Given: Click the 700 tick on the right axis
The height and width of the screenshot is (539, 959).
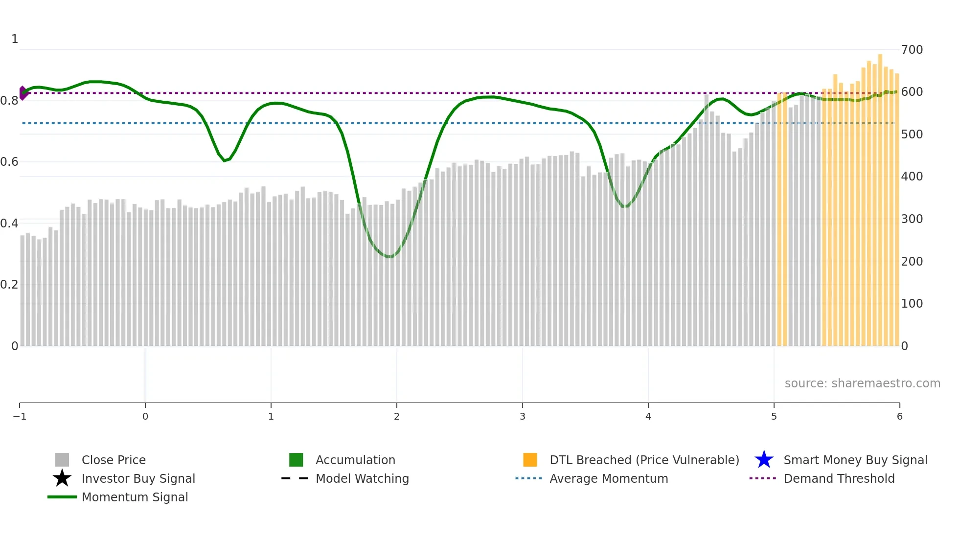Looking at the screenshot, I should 912,50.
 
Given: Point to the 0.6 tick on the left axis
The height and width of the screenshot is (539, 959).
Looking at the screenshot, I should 9,162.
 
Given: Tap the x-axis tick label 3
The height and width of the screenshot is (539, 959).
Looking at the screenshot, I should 522,416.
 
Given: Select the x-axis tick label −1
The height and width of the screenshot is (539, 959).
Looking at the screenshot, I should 20,416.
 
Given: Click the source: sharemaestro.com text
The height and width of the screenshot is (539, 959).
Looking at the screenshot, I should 862,383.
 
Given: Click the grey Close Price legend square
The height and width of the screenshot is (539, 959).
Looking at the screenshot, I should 62,460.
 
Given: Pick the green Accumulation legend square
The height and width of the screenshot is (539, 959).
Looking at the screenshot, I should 296,460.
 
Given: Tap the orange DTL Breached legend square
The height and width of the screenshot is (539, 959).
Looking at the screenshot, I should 530,460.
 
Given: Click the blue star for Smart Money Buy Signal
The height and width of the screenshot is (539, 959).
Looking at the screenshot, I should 764,460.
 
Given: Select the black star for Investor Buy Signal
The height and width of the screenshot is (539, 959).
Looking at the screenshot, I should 62,478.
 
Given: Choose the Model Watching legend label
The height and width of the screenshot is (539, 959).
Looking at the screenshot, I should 362,478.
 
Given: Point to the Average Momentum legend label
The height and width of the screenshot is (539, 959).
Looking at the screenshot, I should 609,478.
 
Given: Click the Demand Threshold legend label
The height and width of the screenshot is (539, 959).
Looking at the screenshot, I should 839,478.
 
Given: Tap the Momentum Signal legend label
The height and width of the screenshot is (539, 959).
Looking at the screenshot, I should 135,497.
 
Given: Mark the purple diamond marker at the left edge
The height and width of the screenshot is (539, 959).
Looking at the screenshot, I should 23,93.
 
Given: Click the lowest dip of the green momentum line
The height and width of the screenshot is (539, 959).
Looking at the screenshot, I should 389,256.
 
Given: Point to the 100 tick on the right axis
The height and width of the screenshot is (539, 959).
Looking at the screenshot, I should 912,304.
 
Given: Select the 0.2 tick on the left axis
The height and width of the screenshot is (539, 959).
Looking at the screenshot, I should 9,285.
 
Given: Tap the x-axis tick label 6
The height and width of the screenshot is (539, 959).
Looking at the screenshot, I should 899,416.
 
